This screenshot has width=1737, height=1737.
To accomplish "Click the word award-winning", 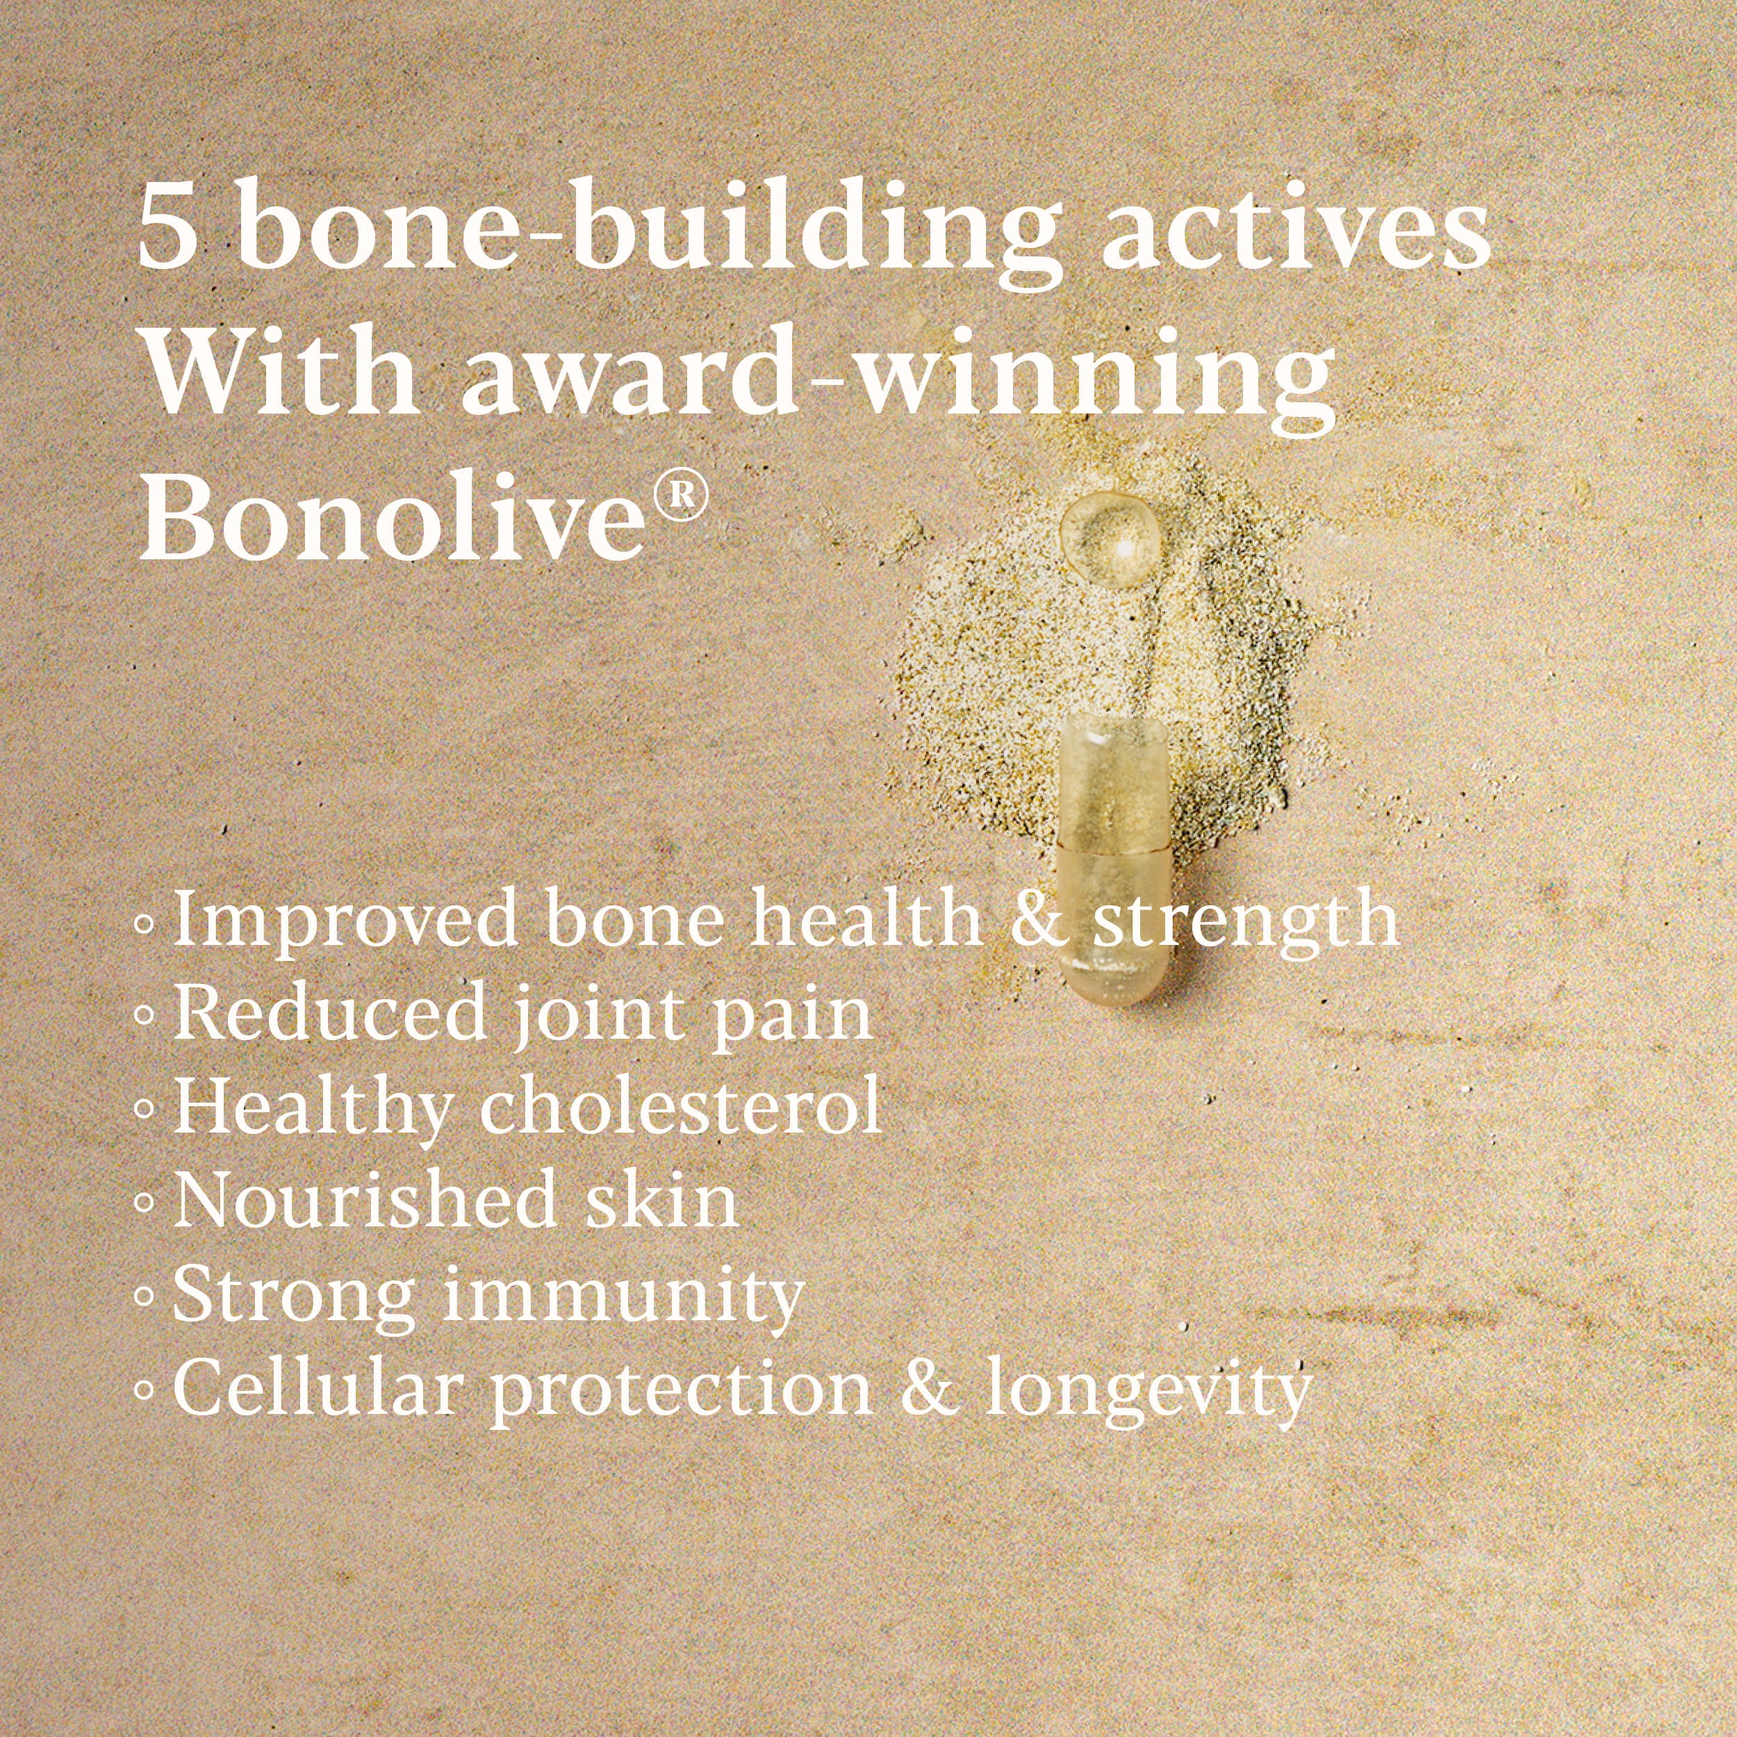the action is (897, 382).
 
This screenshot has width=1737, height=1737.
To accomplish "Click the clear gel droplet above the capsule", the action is (1107, 541).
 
